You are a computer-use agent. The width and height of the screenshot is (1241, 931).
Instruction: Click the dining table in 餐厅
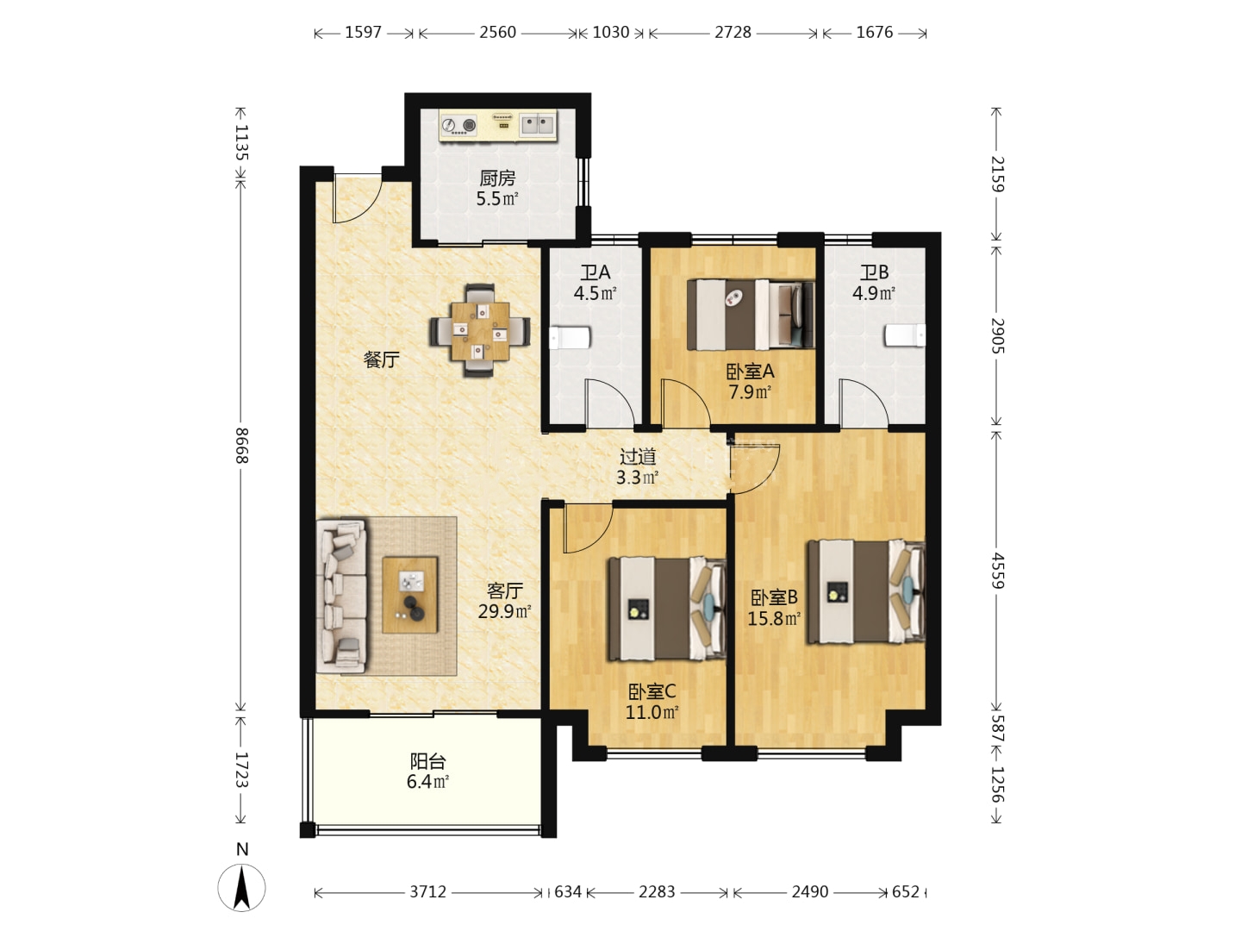(479, 331)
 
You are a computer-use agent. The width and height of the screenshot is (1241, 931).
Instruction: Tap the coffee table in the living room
(410, 595)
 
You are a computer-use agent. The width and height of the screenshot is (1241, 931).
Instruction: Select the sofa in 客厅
(341, 597)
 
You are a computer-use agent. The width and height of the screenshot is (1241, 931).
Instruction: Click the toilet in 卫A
(570, 337)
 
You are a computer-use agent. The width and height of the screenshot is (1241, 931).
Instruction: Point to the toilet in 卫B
(905, 334)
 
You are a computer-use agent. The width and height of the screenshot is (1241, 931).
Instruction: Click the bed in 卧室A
(751, 315)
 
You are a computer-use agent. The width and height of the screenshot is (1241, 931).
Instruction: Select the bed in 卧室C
(666, 609)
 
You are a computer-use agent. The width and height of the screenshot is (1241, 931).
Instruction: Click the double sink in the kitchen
(537, 125)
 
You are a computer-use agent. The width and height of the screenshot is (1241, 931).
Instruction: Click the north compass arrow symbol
(242, 888)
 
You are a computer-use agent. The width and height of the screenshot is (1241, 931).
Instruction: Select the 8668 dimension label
(241, 446)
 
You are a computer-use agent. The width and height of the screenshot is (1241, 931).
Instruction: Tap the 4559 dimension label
(998, 571)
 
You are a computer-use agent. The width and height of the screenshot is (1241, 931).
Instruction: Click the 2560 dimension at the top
(497, 32)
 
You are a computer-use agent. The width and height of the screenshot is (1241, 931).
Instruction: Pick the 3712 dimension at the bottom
(428, 891)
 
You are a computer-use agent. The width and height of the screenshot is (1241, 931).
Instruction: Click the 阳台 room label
(428, 761)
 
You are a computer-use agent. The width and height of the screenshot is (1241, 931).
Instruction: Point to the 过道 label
(638, 456)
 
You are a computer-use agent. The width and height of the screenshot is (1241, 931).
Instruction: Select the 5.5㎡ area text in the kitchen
(497, 199)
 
